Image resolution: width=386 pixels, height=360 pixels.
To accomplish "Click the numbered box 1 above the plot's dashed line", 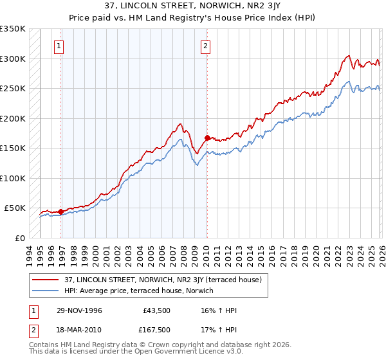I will click(x=59, y=46).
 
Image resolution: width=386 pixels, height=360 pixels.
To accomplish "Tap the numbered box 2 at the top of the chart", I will click(x=205, y=46).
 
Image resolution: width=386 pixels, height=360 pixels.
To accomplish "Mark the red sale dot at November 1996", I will click(x=61, y=212).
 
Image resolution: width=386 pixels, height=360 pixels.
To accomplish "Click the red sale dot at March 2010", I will click(x=207, y=138).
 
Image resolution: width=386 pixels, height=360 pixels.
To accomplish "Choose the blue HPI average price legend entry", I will click(x=142, y=291).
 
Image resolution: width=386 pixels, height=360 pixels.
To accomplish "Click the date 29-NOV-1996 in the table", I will click(x=80, y=310).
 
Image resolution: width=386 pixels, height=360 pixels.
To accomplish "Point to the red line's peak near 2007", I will click(x=181, y=123).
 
